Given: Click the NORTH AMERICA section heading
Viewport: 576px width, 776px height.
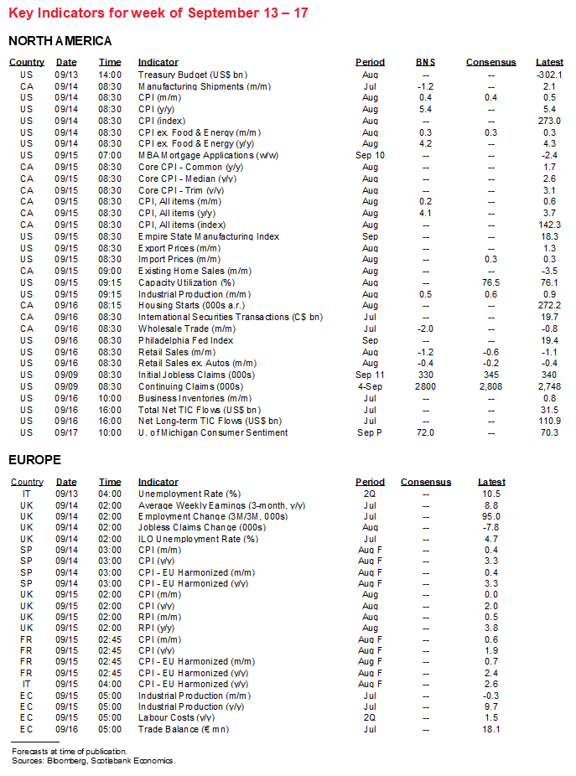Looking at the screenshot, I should click(x=60, y=41).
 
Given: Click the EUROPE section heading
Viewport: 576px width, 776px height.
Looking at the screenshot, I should click(x=35, y=460).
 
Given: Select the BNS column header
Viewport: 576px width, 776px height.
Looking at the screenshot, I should click(x=426, y=62).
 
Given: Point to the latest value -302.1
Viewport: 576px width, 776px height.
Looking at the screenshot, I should click(x=549, y=75).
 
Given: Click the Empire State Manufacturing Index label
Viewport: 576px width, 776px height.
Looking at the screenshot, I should click(x=209, y=236).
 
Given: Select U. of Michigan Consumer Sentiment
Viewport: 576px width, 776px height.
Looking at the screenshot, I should click(x=213, y=432).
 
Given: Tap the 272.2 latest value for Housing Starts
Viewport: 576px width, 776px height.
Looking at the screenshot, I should click(x=550, y=306).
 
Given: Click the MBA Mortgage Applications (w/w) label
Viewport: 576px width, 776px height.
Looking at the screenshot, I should click(x=208, y=156).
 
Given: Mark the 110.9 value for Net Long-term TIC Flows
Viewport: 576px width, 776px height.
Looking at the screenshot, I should click(x=550, y=421).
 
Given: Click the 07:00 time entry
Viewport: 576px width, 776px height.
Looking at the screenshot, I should click(x=110, y=156).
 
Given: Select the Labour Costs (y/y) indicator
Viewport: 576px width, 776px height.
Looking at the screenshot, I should click(x=177, y=717).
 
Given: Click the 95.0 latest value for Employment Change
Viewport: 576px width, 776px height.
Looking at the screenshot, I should click(x=491, y=517).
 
